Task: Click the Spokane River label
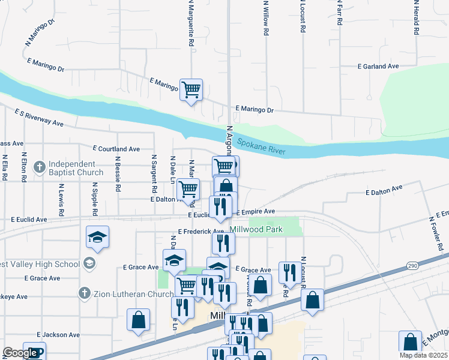[261, 146]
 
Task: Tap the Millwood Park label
[256, 230]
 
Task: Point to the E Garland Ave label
[378, 67]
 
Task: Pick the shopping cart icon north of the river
[191, 91]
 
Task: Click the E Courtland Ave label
[116, 149]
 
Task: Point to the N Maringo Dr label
[40, 31]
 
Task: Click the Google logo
[20, 352]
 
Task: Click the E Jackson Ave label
[58, 335]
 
